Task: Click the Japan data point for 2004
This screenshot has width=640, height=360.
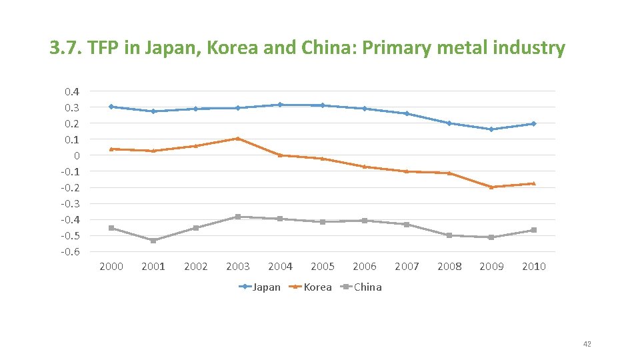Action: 280,105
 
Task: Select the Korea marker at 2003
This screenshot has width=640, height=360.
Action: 238,139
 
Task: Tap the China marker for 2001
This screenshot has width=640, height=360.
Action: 153,240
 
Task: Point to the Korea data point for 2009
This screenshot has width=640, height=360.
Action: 491,187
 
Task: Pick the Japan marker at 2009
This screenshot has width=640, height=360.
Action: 491,129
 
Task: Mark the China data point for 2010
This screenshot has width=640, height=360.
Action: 533,230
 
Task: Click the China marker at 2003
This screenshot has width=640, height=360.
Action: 238,217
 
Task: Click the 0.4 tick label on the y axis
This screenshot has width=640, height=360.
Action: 72,91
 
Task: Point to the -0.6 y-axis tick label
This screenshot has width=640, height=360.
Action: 71,251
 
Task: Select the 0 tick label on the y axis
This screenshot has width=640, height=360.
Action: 77,155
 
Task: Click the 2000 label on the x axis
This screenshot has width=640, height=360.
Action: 111,267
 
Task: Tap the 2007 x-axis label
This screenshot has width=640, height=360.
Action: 407,267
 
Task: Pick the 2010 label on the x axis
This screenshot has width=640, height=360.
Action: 533,267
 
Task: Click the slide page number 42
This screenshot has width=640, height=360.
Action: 587,344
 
